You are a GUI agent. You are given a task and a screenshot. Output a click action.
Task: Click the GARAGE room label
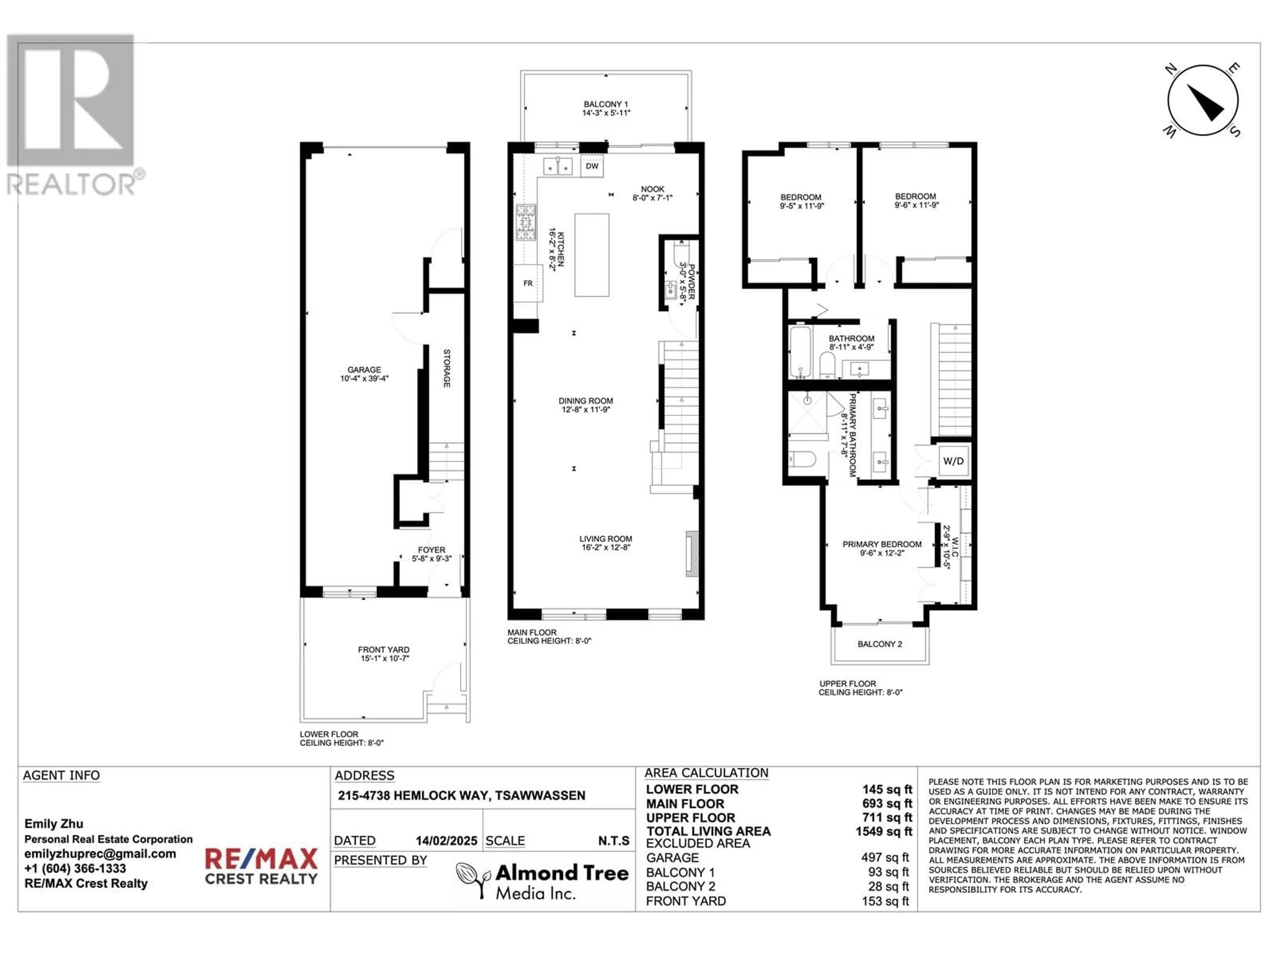pos(364,370)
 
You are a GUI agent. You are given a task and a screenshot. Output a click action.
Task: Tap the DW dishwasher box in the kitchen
pos(592,166)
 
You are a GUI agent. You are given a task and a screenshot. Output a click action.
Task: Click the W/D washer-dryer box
pos(953,461)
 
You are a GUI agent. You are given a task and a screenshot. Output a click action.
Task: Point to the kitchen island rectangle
pos(592,255)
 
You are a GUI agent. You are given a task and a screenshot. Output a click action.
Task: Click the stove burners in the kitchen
pos(525,222)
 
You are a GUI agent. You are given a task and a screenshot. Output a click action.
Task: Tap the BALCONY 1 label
pos(606,104)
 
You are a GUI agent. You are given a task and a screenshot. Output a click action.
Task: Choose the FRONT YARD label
pos(383,650)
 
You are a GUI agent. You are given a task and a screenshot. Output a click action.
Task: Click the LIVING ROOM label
pos(606,539)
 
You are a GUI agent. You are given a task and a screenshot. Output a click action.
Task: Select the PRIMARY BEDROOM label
pos(882,544)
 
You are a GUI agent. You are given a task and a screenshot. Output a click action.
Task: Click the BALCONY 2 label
pos(880,644)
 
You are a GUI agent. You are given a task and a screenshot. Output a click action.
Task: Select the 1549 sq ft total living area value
pos(884,831)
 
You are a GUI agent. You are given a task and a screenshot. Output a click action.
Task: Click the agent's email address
pos(100,854)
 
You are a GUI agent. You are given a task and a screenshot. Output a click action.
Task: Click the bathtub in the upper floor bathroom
pos(799,352)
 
